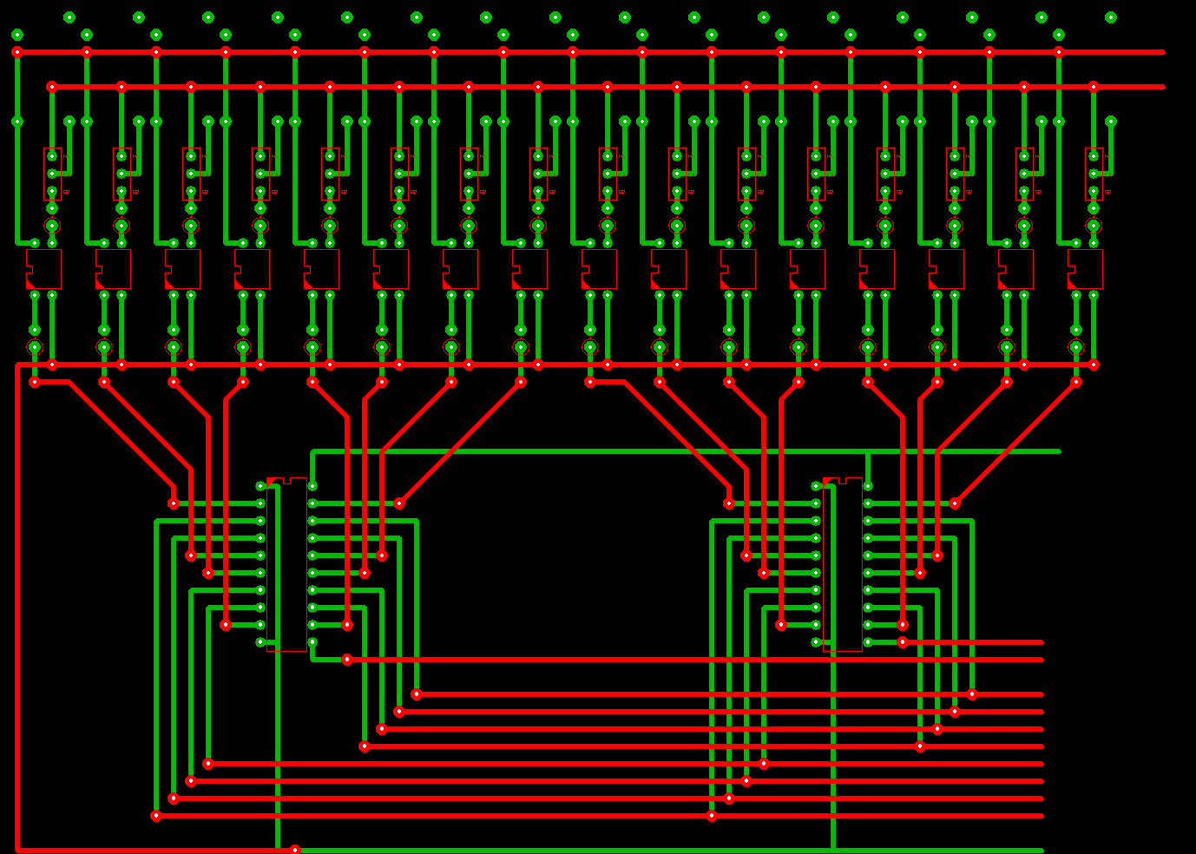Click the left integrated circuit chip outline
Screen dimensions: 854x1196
click(287, 564)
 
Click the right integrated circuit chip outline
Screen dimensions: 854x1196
click(843, 564)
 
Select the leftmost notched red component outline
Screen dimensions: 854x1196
click(43, 269)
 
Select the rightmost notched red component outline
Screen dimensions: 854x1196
click(1085, 269)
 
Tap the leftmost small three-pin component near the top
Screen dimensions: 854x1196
click(52, 174)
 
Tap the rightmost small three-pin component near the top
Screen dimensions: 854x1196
click(1094, 174)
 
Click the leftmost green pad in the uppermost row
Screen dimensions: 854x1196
click(69, 17)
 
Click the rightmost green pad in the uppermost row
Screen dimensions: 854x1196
click(1111, 17)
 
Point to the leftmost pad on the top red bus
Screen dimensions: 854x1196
click(17, 52)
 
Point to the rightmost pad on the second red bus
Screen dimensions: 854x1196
click(1094, 87)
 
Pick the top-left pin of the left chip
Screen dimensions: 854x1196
click(260, 486)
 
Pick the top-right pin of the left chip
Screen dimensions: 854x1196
click(312, 486)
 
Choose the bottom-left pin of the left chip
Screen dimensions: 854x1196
click(260, 642)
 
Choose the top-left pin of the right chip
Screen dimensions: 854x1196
click(816, 486)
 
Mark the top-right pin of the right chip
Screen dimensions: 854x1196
click(868, 486)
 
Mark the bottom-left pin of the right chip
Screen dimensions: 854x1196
click(816, 642)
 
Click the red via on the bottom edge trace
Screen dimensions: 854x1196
click(295, 850)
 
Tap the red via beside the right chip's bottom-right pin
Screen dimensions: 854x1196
click(903, 642)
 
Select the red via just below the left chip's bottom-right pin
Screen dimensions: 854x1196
click(347, 660)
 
